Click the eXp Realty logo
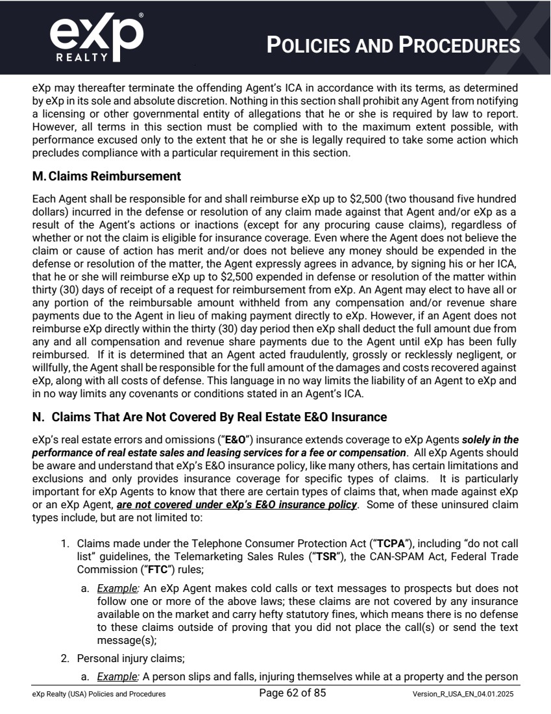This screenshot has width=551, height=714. pos(96,38)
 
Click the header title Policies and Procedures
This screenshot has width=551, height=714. pos(393,45)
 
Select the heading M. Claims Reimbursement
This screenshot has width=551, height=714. pos(106,177)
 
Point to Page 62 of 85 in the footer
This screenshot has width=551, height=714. pos(292,693)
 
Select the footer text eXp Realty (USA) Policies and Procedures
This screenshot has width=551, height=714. pos(99,694)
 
